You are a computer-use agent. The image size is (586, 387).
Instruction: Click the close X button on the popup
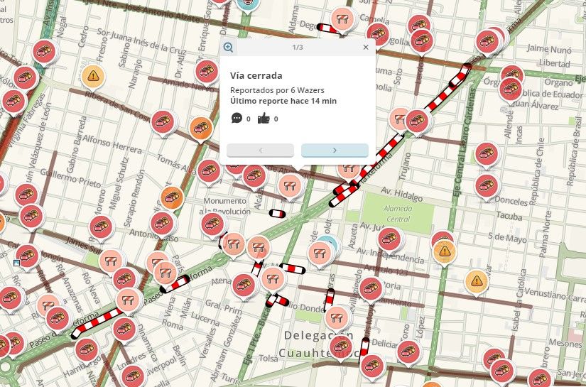[x=366, y=48]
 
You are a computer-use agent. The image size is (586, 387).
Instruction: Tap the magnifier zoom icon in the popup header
[x=229, y=48]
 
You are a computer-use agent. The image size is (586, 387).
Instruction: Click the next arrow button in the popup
[x=335, y=150]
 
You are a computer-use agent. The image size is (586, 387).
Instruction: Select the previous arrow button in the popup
[x=260, y=150]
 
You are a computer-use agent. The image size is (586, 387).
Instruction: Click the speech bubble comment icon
[x=237, y=119]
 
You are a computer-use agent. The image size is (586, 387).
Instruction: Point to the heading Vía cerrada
[x=256, y=75]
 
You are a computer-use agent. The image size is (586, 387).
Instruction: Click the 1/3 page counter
[x=298, y=48]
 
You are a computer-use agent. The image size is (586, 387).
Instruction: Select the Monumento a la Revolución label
[x=224, y=206]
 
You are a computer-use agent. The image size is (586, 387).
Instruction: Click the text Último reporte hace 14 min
[x=283, y=101]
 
